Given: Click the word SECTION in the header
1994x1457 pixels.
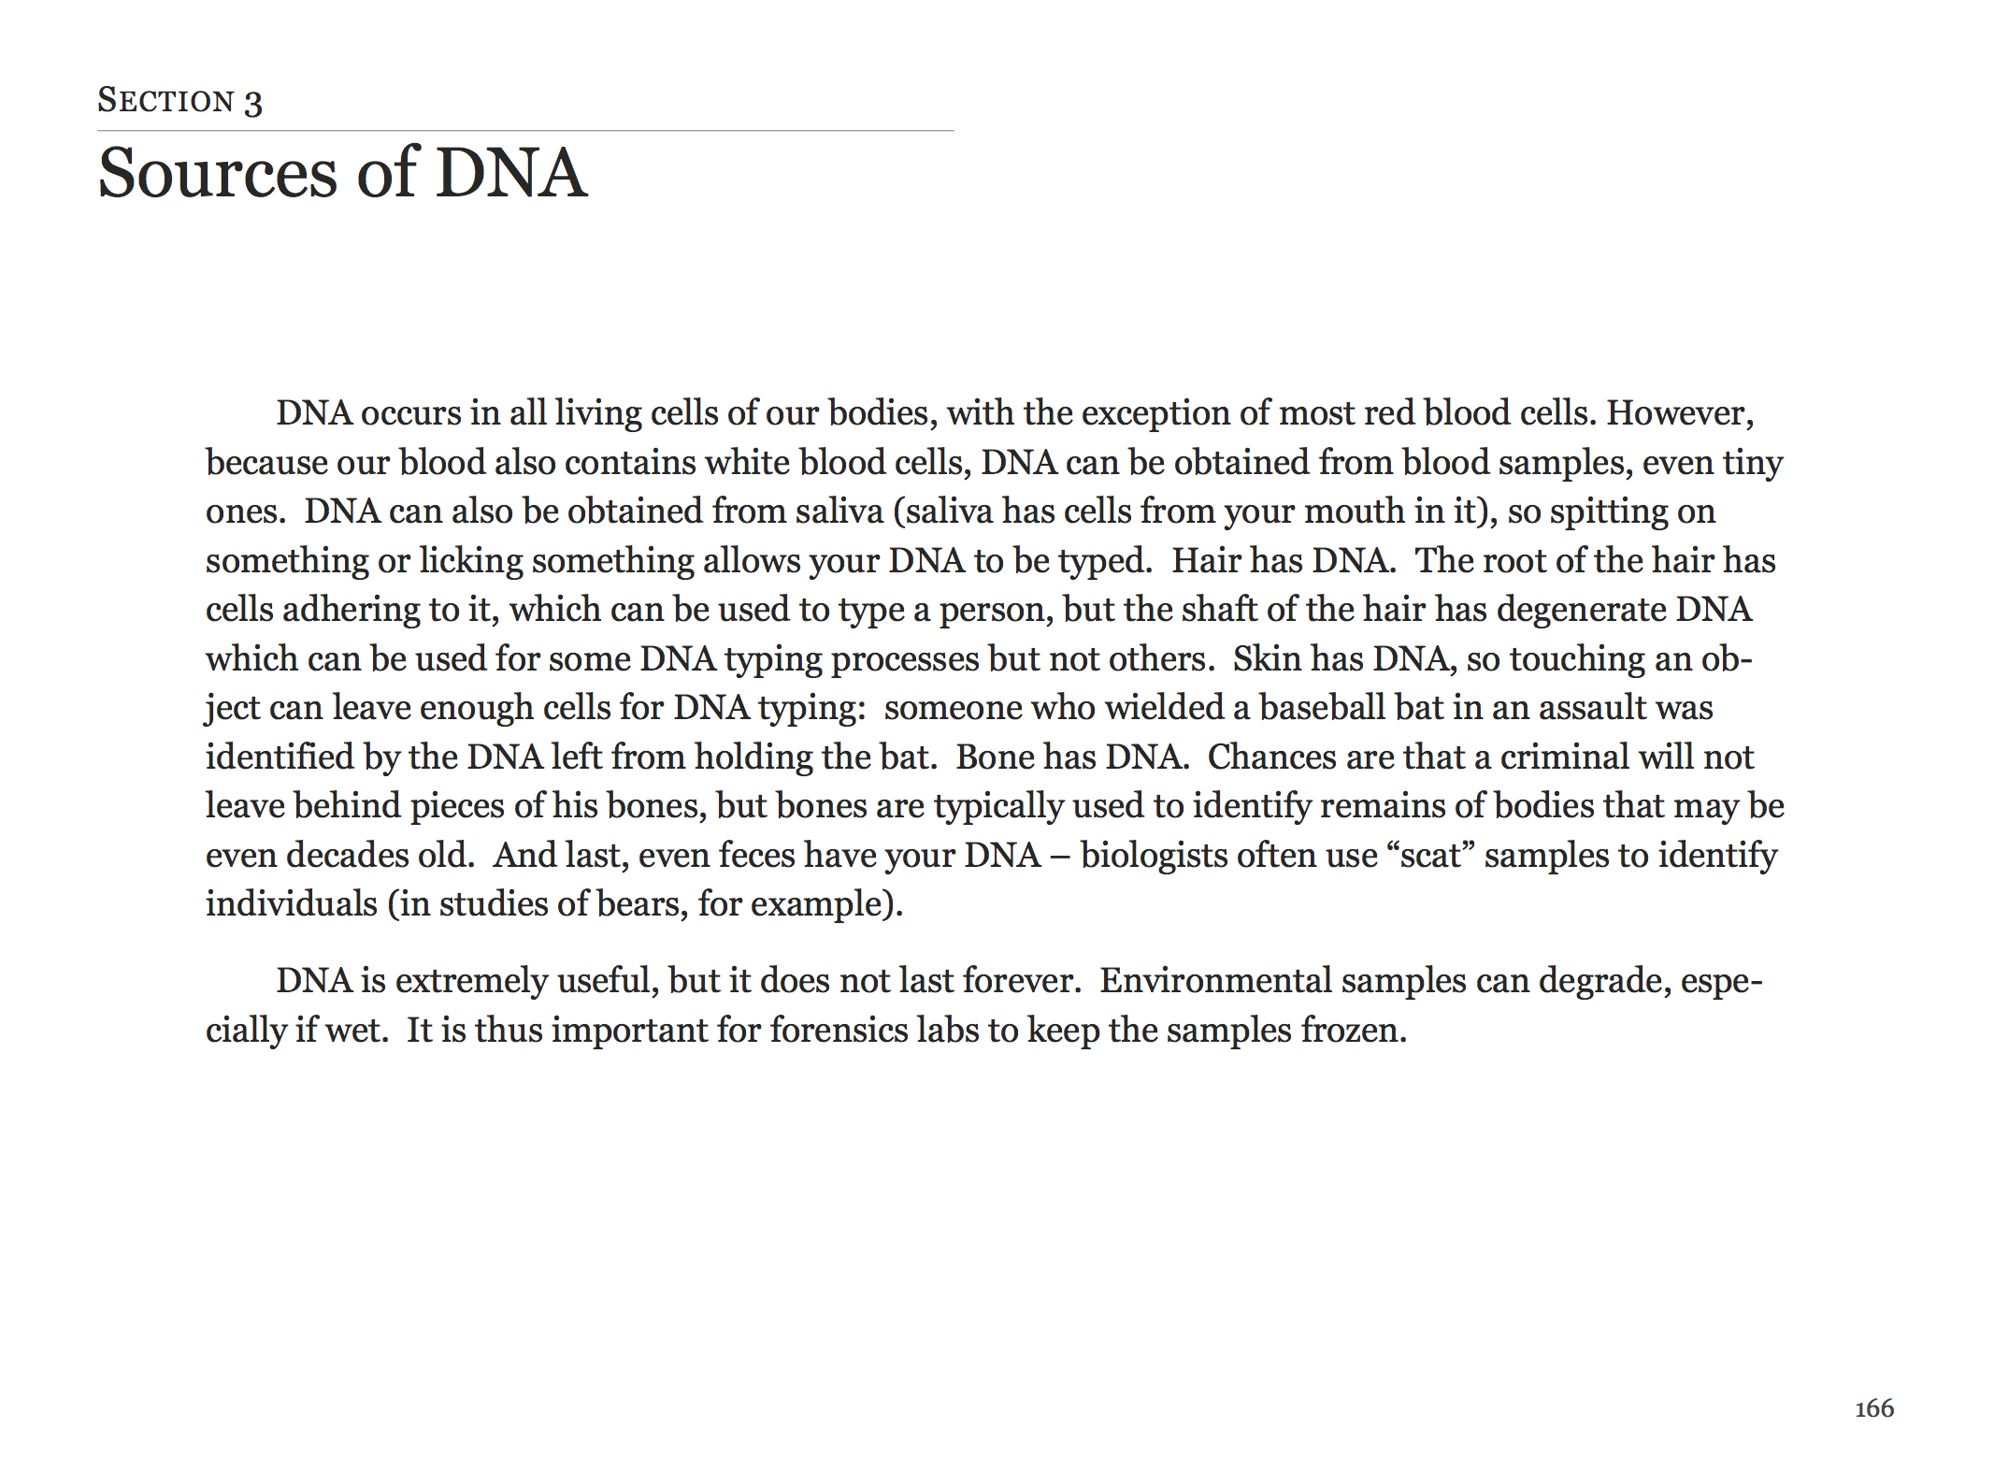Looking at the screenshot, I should pyautogui.click(x=165, y=100).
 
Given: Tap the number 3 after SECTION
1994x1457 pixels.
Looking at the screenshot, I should pyautogui.click(x=253, y=102).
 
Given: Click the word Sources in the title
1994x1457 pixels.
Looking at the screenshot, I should pyautogui.click(x=217, y=173).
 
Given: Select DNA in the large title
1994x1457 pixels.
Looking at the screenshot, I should pyautogui.click(x=511, y=173).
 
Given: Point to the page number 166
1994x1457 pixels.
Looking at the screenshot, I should pyautogui.click(x=1873, y=1408).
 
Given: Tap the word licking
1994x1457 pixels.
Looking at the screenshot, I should pyautogui.click(x=470, y=561).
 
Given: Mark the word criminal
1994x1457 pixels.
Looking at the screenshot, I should pyautogui.click(x=1564, y=757).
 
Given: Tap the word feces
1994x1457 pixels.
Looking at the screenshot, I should pyautogui.click(x=756, y=855).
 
